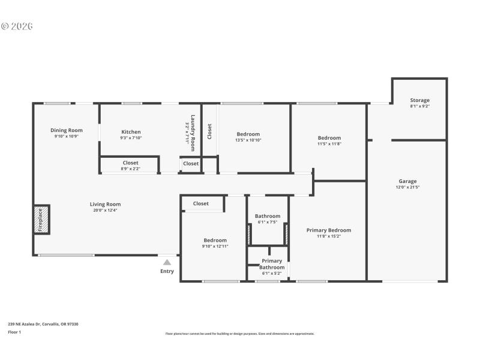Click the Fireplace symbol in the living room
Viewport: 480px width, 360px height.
pyautogui.click(x=41, y=220)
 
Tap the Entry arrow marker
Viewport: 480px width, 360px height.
pyautogui.click(x=167, y=262)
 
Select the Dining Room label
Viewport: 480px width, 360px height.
pyautogui.click(x=67, y=130)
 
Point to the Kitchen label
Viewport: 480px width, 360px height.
pyautogui.click(x=131, y=132)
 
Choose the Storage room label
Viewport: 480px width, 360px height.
pyautogui.click(x=419, y=100)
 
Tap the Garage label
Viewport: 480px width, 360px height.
pyautogui.click(x=407, y=181)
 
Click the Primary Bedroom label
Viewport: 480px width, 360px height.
pyautogui.click(x=328, y=230)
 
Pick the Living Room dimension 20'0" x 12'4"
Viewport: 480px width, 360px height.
pyautogui.click(x=106, y=211)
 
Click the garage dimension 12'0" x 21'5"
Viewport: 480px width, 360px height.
pyautogui.click(x=407, y=187)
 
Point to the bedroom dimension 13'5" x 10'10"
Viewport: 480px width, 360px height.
pyautogui.click(x=248, y=140)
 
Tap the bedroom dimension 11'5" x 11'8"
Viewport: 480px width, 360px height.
pyautogui.click(x=329, y=144)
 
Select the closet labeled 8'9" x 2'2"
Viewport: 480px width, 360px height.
pyautogui.click(x=130, y=169)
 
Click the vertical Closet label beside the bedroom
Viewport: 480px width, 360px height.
pyautogui.click(x=209, y=131)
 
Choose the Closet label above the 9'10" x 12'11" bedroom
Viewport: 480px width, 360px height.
pyautogui.click(x=201, y=203)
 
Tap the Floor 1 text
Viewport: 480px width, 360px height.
pyautogui.click(x=14, y=332)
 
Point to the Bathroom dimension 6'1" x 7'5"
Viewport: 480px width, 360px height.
pyautogui.click(x=267, y=223)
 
